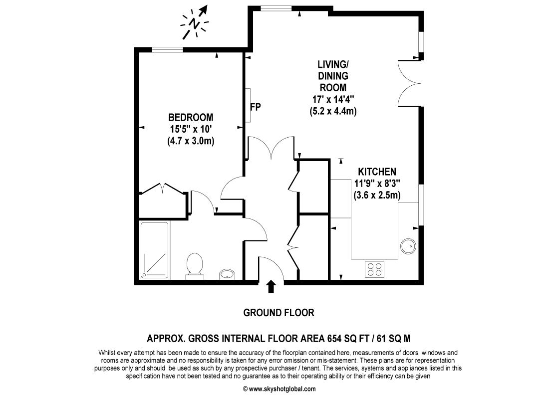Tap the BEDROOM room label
click(x=191, y=118)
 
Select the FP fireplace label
click(x=256, y=106)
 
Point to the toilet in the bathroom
click(x=194, y=265)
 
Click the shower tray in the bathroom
click(x=155, y=250)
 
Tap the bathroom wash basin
click(x=228, y=274)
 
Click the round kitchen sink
click(x=408, y=245)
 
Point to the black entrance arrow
click(x=271, y=286)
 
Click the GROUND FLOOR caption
click(x=278, y=313)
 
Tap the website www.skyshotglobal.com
click(x=282, y=389)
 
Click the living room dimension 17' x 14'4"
click(x=332, y=99)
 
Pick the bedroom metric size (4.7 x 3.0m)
click(x=191, y=141)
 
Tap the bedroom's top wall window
click(x=167, y=49)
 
